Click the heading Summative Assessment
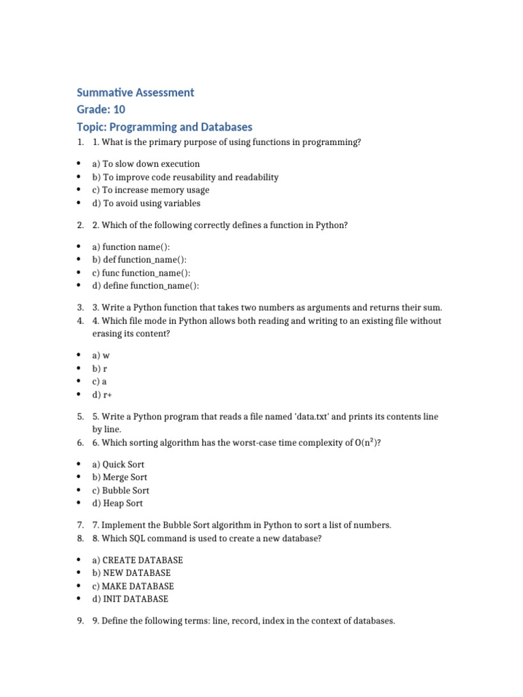(135, 92)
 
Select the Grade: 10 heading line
(101, 110)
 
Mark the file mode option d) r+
(102, 395)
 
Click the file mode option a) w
(101, 356)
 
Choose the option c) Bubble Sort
(121, 491)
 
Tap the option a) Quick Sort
(118, 464)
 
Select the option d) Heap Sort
(118, 504)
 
